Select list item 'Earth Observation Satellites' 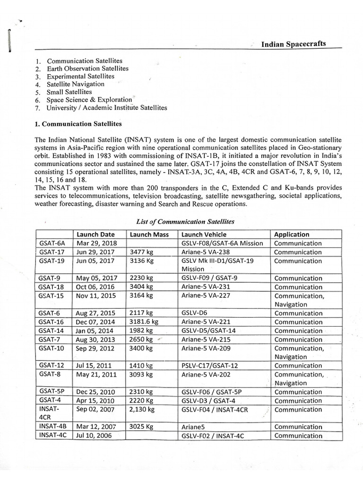(87, 69)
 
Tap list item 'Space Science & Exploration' (89, 100)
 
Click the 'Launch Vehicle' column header (204, 234)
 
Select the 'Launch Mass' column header (149, 234)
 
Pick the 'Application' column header (292, 234)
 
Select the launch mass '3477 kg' (141, 252)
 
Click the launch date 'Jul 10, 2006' (94, 435)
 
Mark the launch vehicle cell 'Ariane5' (194, 427)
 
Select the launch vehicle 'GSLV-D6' (196, 313)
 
